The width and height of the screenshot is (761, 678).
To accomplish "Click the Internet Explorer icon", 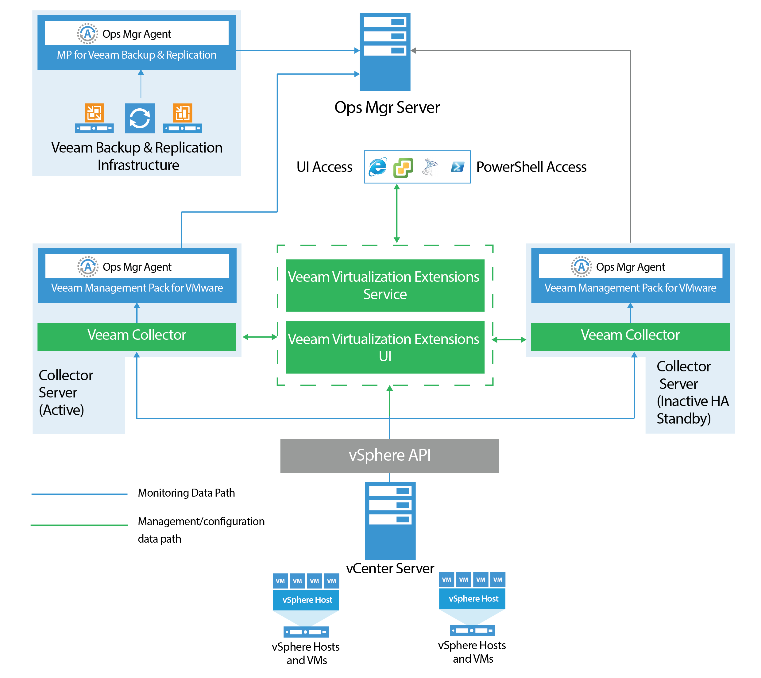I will pyautogui.click(x=377, y=167).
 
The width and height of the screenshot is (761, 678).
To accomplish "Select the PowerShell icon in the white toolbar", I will pyautogui.click(x=458, y=167).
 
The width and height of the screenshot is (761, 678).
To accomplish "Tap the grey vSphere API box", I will pyautogui.click(x=389, y=455).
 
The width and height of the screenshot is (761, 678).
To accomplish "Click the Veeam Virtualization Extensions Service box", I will pyautogui.click(x=385, y=285).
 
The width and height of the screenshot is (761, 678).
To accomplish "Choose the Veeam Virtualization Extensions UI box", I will pyautogui.click(x=385, y=347).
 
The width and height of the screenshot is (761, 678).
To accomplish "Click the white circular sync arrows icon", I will pyautogui.click(x=140, y=118).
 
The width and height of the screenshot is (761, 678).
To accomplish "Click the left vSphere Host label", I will pyautogui.click(x=307, y=600).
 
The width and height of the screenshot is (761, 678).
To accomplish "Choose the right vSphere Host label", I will pyautogui.click(x=473, y=599).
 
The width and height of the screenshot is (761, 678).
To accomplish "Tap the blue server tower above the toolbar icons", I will pyautogui.click(x=385, y=52).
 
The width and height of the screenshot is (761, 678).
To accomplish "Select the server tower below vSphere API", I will pyautogui.click(x=390, y=521).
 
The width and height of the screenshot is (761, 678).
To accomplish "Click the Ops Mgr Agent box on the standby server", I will pyautogui.click(x=630, y=266).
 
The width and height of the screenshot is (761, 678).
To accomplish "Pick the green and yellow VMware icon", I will pyautogui.click(x=403, y=167).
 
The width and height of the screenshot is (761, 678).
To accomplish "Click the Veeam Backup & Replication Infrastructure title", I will pyautogui.click(x=137, y=156).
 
